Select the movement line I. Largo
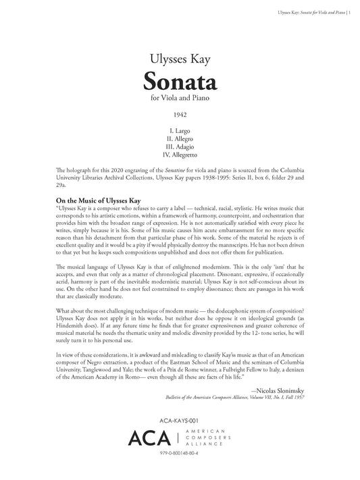point(179,128)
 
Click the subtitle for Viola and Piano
point(179,100)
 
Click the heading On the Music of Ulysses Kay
point(99,201)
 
